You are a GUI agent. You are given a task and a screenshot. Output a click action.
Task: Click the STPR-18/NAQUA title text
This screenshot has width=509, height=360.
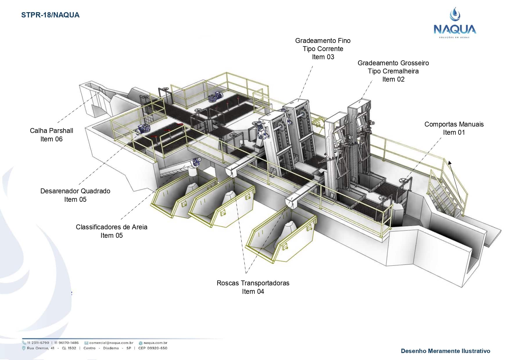click(50, 15)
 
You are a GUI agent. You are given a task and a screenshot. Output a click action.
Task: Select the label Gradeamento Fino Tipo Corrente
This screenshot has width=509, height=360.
click(323, 49)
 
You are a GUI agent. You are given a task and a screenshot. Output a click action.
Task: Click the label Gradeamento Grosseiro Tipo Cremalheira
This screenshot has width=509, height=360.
click(393, 71)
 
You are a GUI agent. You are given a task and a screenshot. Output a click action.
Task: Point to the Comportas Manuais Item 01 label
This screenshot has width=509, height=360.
click(454, 128)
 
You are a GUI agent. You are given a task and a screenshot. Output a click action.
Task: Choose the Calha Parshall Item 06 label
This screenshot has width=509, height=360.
click(51, 135)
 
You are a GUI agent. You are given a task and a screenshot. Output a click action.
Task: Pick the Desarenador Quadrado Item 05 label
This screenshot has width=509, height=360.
click(75, 195)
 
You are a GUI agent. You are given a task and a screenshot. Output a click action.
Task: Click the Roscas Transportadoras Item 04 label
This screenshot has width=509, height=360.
click(253, 287)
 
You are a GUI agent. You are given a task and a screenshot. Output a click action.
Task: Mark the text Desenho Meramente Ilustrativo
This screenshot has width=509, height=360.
click(445, 351)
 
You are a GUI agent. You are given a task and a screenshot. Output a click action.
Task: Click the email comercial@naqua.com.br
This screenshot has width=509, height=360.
click(111, 343)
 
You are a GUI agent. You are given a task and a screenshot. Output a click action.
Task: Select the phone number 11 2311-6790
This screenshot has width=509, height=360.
click(38, 343)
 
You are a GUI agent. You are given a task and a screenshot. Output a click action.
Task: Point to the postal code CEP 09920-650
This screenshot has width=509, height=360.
click(153, 348)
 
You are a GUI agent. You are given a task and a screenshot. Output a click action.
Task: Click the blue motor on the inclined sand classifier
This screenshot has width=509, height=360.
click(197, 161)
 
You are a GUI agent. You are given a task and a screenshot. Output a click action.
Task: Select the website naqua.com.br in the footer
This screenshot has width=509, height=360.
click(155, 343)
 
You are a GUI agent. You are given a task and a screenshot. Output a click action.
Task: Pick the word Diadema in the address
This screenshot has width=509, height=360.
click(111, 348)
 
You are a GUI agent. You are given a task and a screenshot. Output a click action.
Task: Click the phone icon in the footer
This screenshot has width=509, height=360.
click(24, 343)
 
